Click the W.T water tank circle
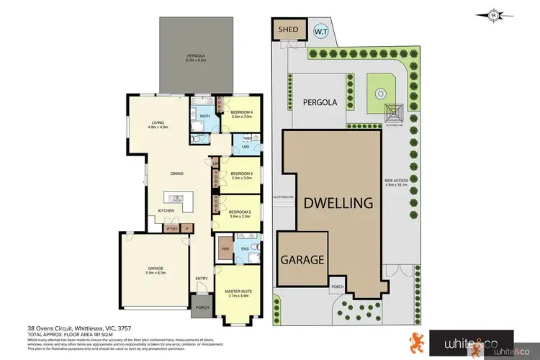point(320,31)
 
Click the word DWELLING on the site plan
point(337,203)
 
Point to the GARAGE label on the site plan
point(302,260)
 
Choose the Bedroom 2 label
point(239,215)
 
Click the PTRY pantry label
point(171,229)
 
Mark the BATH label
point(204,116)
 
